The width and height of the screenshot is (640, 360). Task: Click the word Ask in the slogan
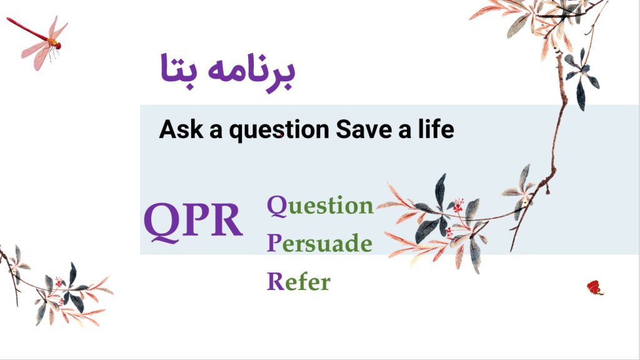(181, 129)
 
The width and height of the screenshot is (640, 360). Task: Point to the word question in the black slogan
(279, 131)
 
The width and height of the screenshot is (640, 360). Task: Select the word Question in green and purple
(320, 205)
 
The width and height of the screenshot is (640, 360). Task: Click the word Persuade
(319, 243)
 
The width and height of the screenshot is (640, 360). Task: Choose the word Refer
(298, 281)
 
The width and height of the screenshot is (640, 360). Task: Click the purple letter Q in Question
(277, 206)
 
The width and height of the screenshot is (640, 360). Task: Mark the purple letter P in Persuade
(274, 242)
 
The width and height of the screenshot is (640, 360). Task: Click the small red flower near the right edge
(595, 287)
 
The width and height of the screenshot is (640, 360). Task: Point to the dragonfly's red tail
(27, 29)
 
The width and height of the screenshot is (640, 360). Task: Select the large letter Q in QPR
(162, 222)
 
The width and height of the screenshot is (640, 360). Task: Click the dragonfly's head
(58, 46)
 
